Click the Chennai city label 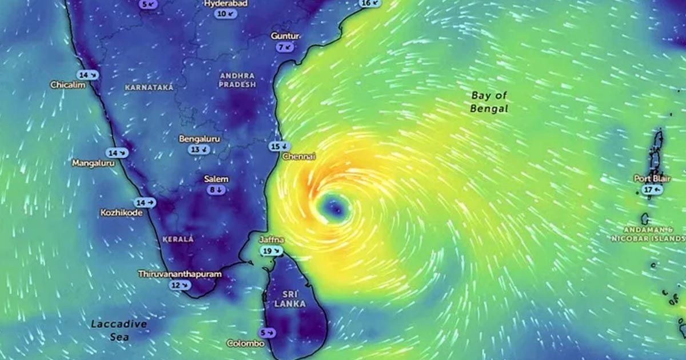(299, 157)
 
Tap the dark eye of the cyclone (333, 209)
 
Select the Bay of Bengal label (489, 102)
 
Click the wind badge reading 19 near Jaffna (271, 251)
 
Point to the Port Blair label (652, 179)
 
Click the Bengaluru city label (200, 139)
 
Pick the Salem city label (216, 179)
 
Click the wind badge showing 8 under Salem (216, 190)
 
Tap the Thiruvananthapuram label (180, 274)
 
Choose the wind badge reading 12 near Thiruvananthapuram (180, 285)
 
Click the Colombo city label (245, 343)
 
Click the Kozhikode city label (121, 213)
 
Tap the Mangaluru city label (93, 163)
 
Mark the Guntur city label (285, 36)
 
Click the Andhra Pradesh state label (237, 80)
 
